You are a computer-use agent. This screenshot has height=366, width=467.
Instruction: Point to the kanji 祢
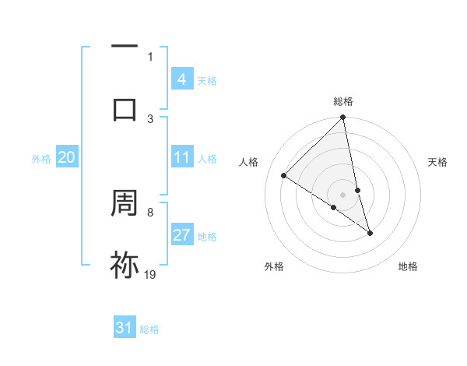click(125, 265)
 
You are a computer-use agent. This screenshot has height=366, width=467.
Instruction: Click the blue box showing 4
click(181, 79)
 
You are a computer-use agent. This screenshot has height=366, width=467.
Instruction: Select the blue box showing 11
click(181, 157)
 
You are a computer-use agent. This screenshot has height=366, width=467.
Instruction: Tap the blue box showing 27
click(181, 235)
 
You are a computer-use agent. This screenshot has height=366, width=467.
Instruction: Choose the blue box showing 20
click(66, 157)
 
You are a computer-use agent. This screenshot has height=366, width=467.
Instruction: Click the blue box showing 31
click(125, 328)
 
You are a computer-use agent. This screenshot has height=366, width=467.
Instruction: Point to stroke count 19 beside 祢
click(150, 274)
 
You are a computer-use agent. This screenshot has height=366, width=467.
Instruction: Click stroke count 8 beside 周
click(150, 212)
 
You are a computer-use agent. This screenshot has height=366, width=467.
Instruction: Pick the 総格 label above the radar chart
click(343, 101)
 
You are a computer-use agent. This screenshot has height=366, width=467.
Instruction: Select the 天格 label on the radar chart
click(438, 162)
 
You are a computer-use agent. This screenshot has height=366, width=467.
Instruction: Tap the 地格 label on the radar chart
click(408, 266)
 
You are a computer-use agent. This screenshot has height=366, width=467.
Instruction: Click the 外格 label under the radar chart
click(274, 266)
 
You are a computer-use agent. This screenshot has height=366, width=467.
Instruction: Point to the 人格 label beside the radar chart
click(249, 162)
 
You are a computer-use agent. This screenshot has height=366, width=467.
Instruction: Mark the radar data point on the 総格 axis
click(343, 118)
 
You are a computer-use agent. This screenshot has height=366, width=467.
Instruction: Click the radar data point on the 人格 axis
click(284, 176)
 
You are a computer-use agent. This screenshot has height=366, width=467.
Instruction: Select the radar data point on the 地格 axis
click(370, 233)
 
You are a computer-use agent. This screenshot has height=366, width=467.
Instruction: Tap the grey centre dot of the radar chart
click(343, 194)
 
